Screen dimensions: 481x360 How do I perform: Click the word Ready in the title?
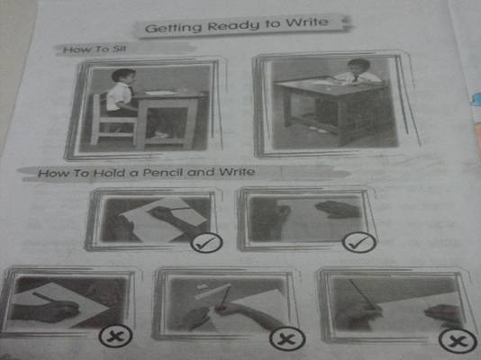pyautogui.click(x=233, y=26)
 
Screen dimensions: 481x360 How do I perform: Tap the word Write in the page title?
pyautogui.click(x=307, y=22)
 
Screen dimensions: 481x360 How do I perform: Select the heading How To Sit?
pyautogui.click(x=95, y=49)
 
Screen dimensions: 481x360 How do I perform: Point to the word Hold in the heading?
pyautogui.click(x=110, y=173)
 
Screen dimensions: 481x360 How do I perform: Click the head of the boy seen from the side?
pyautogui.click(x=123, y=76)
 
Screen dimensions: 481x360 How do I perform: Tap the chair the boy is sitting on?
pyautogui.click(x=113, y=121)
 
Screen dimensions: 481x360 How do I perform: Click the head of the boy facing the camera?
pyautogui.click(x=358, y=67)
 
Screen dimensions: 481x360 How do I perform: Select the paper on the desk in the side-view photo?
pyautogui.click(x=160, y=93)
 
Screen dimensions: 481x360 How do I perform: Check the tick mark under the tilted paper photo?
pyautogui.click(x=206, y=243)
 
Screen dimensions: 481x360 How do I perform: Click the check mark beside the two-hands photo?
pyautogui.click(x=358, y=243)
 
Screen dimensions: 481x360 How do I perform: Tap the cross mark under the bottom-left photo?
pyautogui.click(x=115, y=336)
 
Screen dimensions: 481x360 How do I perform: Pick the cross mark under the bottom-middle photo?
pyautogui.click(x=287, y=338)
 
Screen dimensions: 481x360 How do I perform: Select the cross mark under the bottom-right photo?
pyautogui.click(x=458, y=341)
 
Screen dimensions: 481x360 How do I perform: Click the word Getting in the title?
pyautogui.click(x=173, y=28)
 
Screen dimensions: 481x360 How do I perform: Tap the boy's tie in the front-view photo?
pyautogui.click(x=355, y=78)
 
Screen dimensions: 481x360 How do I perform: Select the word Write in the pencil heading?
pyautogui.click(x=237, y=172)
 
